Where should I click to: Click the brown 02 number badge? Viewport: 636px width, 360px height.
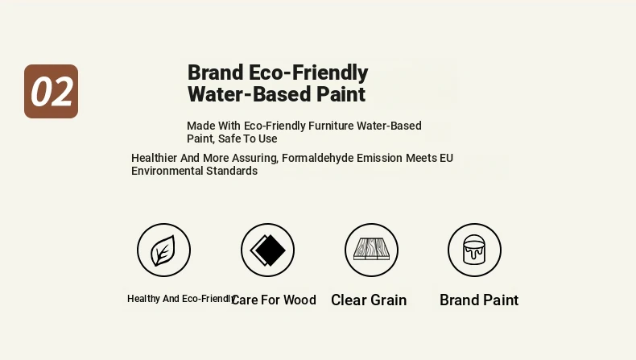click(51, 91)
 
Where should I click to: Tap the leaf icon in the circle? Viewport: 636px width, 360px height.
click(163, 250)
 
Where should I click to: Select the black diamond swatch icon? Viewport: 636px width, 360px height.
click(268, 250)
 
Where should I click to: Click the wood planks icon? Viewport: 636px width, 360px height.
click(372, 249)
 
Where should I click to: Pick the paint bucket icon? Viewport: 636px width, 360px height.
click(474, 250)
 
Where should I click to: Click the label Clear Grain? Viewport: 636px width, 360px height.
click(369, 300)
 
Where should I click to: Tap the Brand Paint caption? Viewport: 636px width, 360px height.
click(479, 300)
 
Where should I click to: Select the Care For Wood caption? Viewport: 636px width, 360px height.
click(274, 300)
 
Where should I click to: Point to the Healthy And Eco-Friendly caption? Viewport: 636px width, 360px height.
click(181, 299)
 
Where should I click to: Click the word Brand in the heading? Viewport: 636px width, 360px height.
click(215, 72)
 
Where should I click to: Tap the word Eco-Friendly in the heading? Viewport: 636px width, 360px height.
click(308, 73)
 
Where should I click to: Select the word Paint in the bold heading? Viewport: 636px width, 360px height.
click(341, 94)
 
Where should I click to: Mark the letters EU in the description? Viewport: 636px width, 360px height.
click(446, 158)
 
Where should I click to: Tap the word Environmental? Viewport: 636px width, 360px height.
click(167, 171)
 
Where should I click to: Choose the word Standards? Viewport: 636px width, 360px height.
click(232, 171)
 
